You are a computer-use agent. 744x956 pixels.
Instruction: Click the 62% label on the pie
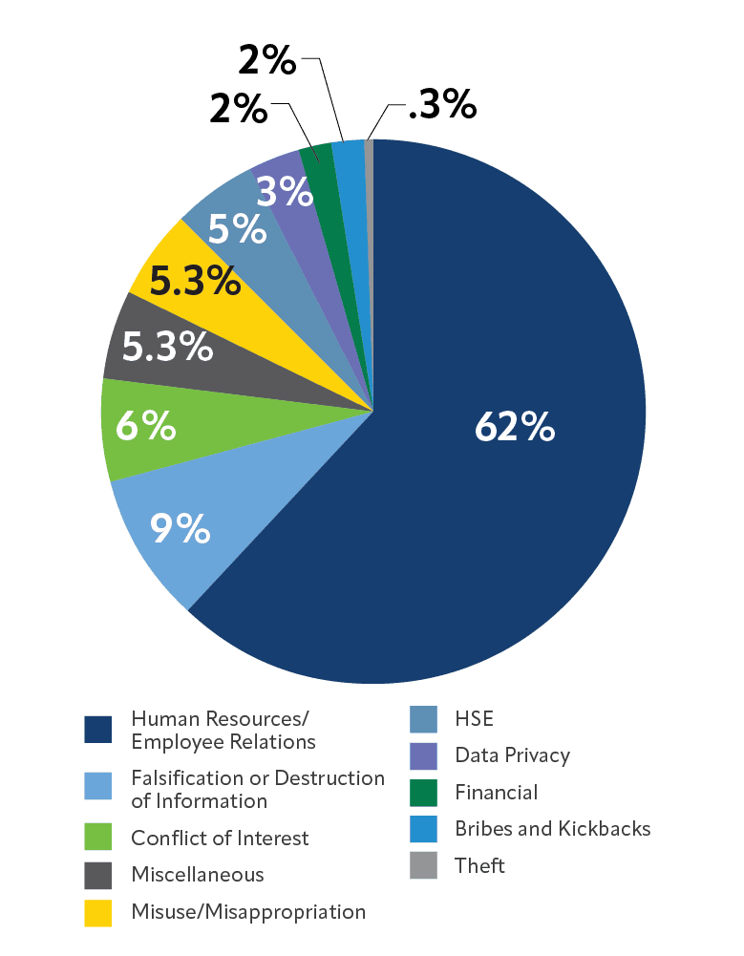point(514,428)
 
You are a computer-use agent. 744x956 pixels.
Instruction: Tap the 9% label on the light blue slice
point(180,527)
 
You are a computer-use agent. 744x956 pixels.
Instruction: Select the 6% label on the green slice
point(145,426)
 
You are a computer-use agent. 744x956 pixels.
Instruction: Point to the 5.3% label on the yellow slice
point(195,281)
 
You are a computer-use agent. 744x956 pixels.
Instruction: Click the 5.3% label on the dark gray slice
point(167,347)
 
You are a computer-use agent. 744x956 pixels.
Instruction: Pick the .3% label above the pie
point(441,106)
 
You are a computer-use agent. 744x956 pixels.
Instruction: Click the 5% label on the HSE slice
point(237,229)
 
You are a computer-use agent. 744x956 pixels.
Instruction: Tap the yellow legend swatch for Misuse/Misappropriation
point(98,912)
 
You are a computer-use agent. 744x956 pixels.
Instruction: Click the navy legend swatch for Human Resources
point(98,729)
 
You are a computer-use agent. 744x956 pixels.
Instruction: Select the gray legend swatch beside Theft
point(423,865)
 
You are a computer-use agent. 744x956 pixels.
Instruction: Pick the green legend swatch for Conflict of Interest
point(98,838)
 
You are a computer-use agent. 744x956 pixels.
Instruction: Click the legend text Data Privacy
point(512,755)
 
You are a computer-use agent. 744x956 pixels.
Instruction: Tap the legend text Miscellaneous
point(198,875)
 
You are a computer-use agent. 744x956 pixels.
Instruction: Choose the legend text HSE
point(475,718)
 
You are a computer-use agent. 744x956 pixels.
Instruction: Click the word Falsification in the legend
point(185,778)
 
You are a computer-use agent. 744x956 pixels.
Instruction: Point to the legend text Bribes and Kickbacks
point(553,829)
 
